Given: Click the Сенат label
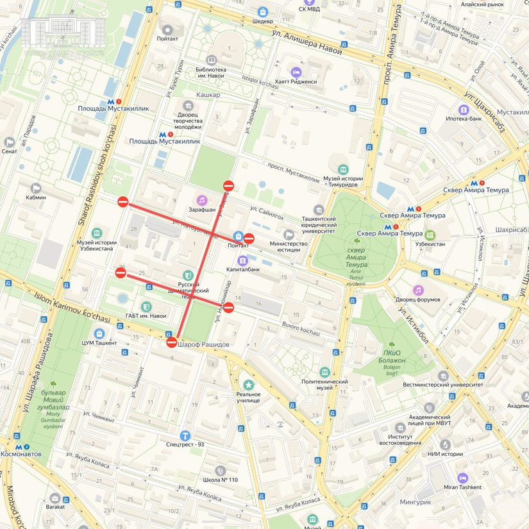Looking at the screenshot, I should pyautogui.click(x=9, y=151).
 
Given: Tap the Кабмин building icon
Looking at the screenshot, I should pyautogui.click(x=36, y=188).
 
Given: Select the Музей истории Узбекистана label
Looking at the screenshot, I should pyautogui.click(x=97, y=247).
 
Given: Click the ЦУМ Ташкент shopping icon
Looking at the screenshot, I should pyautogui.click(x=99, y=333).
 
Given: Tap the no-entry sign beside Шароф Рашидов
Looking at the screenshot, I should pyautogui.click(x=172, y=342).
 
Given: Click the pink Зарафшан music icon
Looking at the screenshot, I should pyautogui.click(x=201, y=200).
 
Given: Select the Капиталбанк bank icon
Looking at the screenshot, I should pyautogui.click(x=243, y=260).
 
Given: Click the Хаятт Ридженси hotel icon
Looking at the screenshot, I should pyautogui.click(x=295, y=72).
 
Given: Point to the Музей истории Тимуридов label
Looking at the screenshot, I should pyautogui.click(x=339, y=181).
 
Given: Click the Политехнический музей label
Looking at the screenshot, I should pyautogui.click(x=324, y=385).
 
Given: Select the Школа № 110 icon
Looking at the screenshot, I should pyautogui.click(x=220, y=471).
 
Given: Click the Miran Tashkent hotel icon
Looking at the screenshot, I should pyautogui.click(x=462, y=478).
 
